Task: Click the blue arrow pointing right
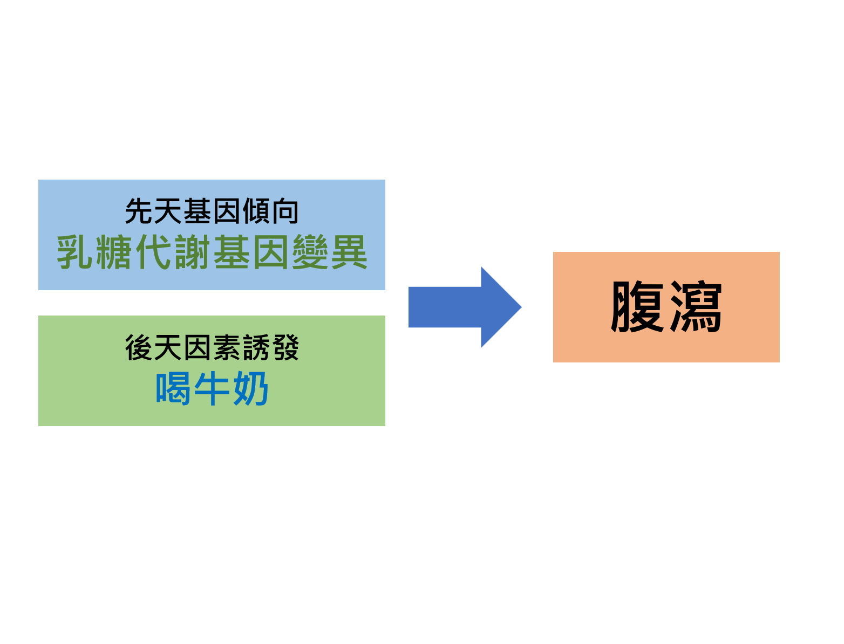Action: coord(465,307)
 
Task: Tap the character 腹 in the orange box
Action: coord(637,306)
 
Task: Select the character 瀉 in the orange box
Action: coord(695,306)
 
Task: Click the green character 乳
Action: coord(74,252)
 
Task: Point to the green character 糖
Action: coord(113,252)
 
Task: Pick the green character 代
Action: coord(153,252)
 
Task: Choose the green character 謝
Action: coord(192,252)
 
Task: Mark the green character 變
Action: coord(310,252)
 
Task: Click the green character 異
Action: coord(349,252)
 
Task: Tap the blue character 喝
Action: coord(173,388)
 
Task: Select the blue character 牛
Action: coord(212,388)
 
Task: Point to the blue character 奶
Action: coord(251,388)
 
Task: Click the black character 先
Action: coord(139,211)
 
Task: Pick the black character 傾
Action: coord(256,211)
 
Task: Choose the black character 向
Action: coord(285,211)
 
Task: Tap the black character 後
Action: coord(139,347)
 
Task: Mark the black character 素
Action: coord(227,347)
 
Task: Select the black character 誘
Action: coord(256,347)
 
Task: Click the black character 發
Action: coord(285,347)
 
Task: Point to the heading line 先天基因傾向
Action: coord(212,211)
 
